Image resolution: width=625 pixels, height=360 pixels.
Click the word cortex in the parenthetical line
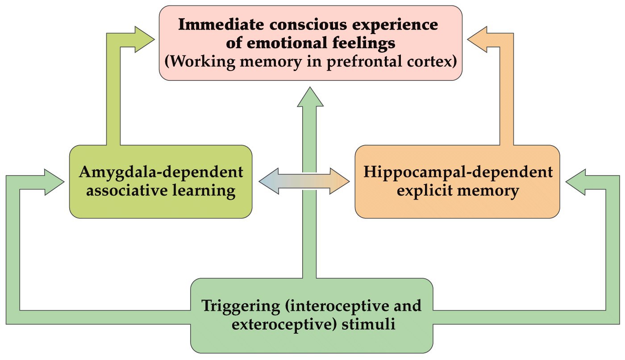click(x=431, y=62)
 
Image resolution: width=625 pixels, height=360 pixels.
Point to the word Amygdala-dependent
click(x=161, y=172)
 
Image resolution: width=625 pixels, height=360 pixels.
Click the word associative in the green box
click(x=129, y=191)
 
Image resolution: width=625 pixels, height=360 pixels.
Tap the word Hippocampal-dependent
click(x=458, y=172)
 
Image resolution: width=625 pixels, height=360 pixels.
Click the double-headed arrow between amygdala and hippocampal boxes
click(x=304, y=181)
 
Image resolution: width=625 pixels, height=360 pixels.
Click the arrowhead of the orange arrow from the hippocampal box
click(x=479, y=39)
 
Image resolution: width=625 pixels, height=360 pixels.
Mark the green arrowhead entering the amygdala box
click(x=54, y=181)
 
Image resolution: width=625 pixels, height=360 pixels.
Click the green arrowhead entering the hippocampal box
click(x=576, y=181)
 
